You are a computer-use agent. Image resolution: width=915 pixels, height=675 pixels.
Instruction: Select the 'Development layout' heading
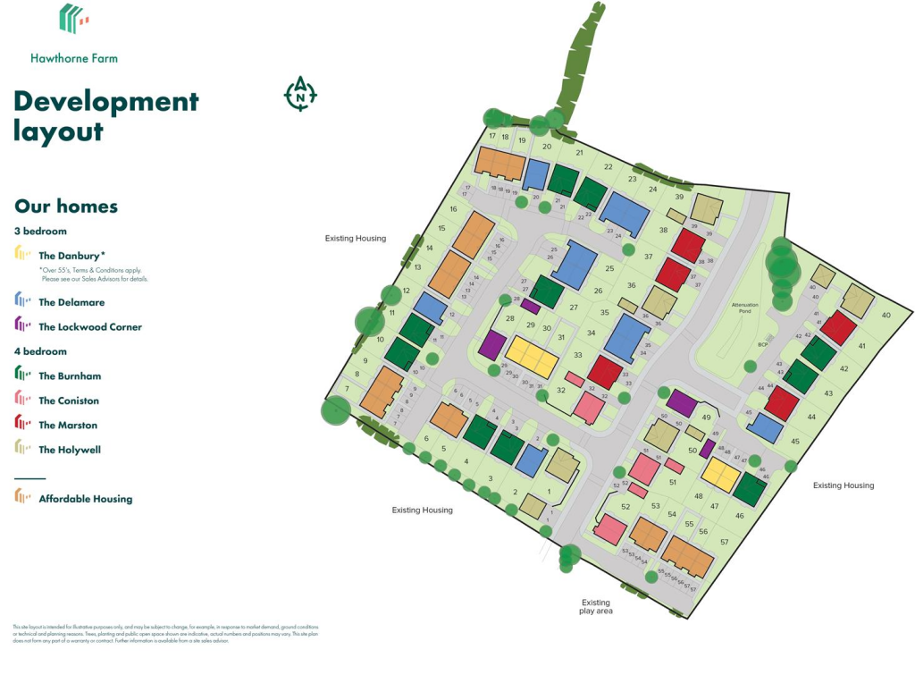coord(105,115)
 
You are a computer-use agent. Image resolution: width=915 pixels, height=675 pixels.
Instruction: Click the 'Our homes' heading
coord(66,207)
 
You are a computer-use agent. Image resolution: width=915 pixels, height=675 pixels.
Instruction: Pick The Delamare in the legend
coord(71,302)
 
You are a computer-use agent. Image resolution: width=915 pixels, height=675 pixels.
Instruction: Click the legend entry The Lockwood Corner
coord(88,326)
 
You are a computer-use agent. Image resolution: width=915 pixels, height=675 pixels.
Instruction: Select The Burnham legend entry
coord(71,376)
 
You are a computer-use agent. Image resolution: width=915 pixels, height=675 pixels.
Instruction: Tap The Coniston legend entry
coord(69,401)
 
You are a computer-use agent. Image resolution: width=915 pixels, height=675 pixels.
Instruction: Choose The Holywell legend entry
coord(69,450)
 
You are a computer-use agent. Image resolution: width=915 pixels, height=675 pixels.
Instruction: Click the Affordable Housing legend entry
coord(85,499)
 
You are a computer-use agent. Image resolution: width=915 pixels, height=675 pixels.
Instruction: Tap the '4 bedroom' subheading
coord(41,352)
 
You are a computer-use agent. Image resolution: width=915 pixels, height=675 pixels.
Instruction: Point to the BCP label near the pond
coord(739,343)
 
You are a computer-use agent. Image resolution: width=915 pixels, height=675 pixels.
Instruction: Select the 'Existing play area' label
coord(596,607)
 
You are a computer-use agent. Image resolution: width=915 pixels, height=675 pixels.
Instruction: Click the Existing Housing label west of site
coord(355,239)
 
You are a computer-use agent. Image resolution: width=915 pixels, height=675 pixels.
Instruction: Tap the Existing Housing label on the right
coord(843,485)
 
